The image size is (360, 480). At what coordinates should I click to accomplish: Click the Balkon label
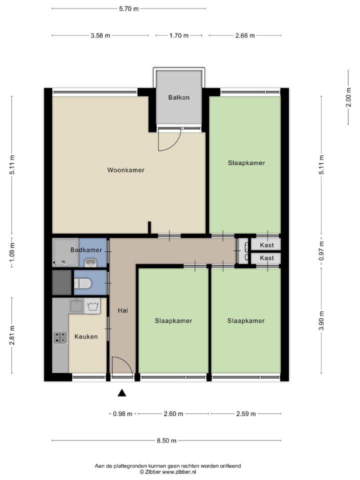[179, 97]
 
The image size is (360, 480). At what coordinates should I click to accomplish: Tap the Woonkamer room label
[125, 170]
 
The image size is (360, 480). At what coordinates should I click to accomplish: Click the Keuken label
[86, 336]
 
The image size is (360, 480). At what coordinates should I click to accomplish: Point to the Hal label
[122, 310]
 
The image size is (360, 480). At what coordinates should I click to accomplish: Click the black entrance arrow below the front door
[121, 393]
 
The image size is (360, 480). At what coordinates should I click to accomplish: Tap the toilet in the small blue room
[83, 283]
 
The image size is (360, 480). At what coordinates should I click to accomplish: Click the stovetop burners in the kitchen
[60, 338]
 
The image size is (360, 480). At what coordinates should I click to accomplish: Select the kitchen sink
[76, 305]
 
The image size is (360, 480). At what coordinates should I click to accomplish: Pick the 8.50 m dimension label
[166, 440]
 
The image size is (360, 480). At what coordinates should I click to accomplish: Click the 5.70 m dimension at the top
[128, 8]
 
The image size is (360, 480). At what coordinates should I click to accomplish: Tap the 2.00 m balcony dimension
[348, 97]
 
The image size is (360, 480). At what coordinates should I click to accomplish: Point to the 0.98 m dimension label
[122, 413]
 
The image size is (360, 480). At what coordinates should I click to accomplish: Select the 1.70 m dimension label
[178, 35]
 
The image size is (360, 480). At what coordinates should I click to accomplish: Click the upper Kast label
[267, 244]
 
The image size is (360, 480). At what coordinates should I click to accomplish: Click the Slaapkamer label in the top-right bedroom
[246, 162]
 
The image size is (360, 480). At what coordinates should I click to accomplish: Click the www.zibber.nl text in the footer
[178, 471]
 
